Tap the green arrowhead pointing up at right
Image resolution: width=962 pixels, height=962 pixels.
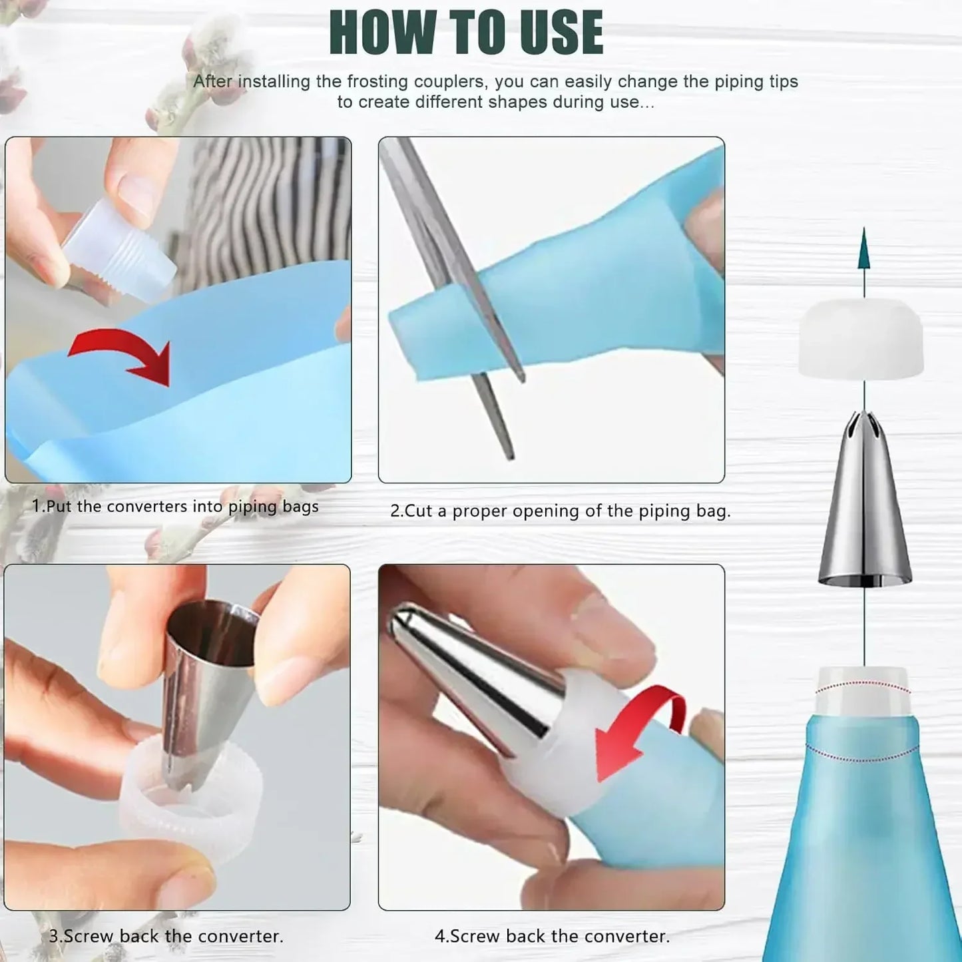tap(864, 250)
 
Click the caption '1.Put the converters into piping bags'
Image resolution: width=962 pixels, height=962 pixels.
tap(175, 507)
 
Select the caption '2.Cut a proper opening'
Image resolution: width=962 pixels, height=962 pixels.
tap(560, 511)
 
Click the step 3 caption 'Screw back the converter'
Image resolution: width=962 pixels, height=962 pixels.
tap(166, 936)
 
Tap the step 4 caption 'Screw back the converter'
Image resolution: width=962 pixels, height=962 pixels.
tap(552, 936)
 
